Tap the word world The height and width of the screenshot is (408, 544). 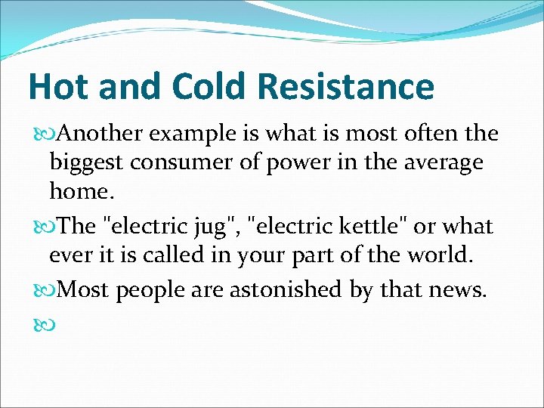(x=441, y=255)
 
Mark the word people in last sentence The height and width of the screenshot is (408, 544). (x=150, y=289)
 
